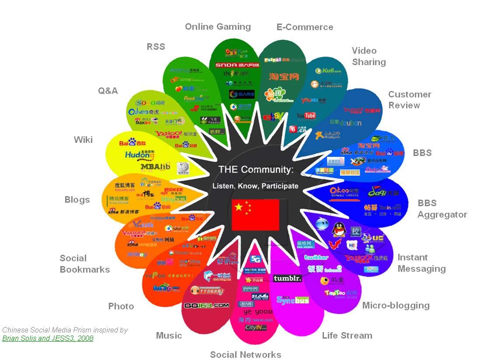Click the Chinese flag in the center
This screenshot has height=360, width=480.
coord(255,215)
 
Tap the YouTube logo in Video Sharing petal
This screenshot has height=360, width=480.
coord(306,116)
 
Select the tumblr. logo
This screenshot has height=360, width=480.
coord(287,278)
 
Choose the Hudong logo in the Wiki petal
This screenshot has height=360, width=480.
coord(140,155)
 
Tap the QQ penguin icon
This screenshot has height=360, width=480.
coord(338,229)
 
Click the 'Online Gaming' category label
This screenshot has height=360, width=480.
coord(218,27)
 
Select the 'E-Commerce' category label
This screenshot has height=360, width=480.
coord(305,27)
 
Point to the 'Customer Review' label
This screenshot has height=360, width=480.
coord(410,100)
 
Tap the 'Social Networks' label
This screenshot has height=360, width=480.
coord(245,354)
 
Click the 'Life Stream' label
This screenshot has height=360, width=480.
coord(347,336)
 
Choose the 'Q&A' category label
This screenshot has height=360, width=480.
coord(108,90)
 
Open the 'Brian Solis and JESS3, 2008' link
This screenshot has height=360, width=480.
coord(48,338)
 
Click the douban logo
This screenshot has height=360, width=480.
coord(346,123)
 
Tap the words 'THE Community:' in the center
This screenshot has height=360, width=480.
coord(256,170)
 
